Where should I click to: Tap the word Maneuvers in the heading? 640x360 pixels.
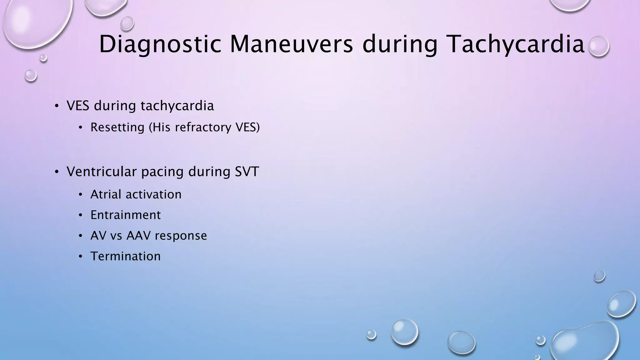click(291, 44)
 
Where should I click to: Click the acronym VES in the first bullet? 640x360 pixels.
click(78, 106)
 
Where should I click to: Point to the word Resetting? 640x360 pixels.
click(117, 127)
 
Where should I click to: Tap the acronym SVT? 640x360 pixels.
click(247, 172)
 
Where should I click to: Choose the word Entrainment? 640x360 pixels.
click(126, 215)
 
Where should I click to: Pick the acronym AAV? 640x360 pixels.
click(138, 236)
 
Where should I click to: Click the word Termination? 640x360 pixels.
click(126, 256)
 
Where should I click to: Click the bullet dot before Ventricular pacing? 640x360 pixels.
click(56, 172)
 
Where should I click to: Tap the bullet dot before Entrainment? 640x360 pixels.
click(80, 215)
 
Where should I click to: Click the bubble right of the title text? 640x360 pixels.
click(598, 46)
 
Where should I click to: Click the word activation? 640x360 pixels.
click(153, 194)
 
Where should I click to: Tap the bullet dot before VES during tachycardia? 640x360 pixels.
click(56, 106)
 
